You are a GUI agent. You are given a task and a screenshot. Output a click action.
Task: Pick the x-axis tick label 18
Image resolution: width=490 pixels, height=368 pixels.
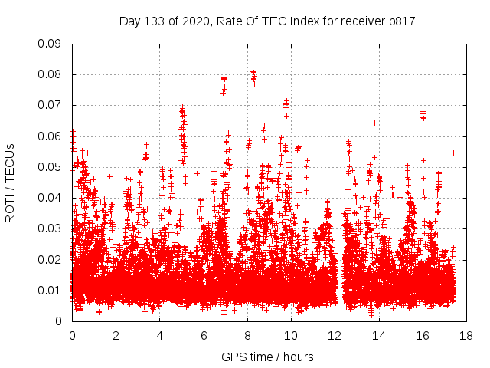[466, 335]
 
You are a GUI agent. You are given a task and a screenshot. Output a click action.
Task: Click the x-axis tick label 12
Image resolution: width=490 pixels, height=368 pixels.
[335, 335]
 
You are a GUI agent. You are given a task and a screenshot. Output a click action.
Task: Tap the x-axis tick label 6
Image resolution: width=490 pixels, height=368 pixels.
[204, 335]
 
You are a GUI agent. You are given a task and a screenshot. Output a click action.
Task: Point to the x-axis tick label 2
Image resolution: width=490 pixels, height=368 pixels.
[116, 335]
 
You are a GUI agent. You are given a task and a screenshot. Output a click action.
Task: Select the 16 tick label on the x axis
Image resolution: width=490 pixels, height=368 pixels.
[423, 335]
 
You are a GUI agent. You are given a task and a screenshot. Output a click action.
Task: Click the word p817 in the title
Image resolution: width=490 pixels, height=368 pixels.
[401, 21]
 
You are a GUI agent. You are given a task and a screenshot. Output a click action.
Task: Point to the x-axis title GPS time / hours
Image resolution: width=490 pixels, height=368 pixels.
[267, 356]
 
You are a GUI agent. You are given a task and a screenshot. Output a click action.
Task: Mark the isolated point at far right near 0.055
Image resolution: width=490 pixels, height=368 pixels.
[453, 153]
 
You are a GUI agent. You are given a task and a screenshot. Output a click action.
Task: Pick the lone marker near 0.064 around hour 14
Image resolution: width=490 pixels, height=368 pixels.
[374, 123]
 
